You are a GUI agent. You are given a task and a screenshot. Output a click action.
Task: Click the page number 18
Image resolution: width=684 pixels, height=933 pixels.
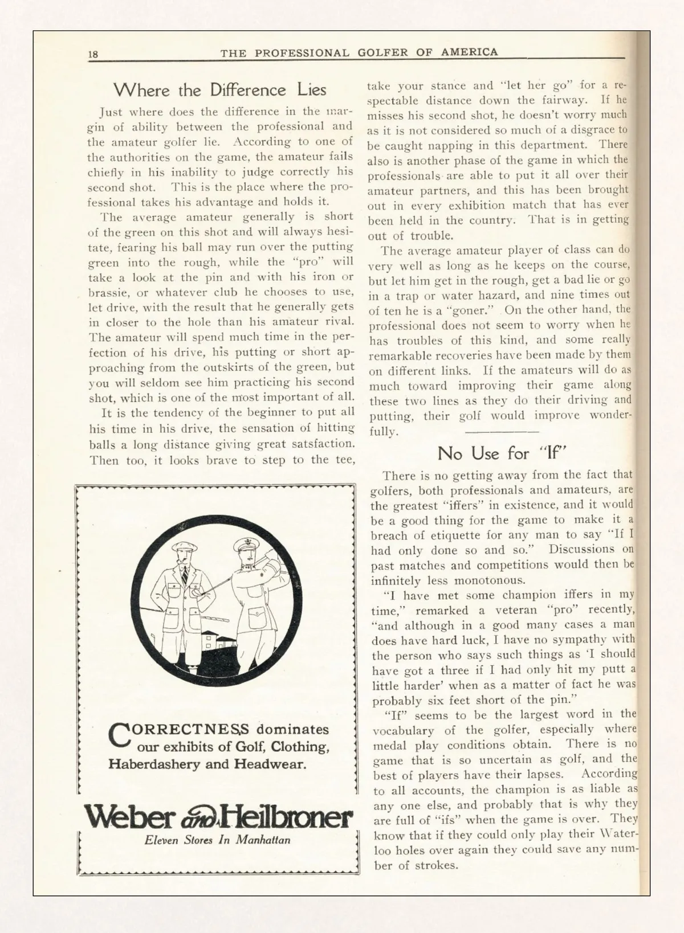pos(93,54)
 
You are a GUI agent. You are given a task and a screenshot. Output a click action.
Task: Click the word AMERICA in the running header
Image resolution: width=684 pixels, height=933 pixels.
pos(469,52)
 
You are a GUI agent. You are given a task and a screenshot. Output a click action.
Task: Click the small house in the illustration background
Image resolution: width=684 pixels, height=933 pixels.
pos(215,640)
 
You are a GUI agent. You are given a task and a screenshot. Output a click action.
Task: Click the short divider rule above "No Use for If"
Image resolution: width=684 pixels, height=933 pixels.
pos(502,432)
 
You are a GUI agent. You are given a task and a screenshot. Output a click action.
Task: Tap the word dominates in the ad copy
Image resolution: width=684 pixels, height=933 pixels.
pos(292,730)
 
